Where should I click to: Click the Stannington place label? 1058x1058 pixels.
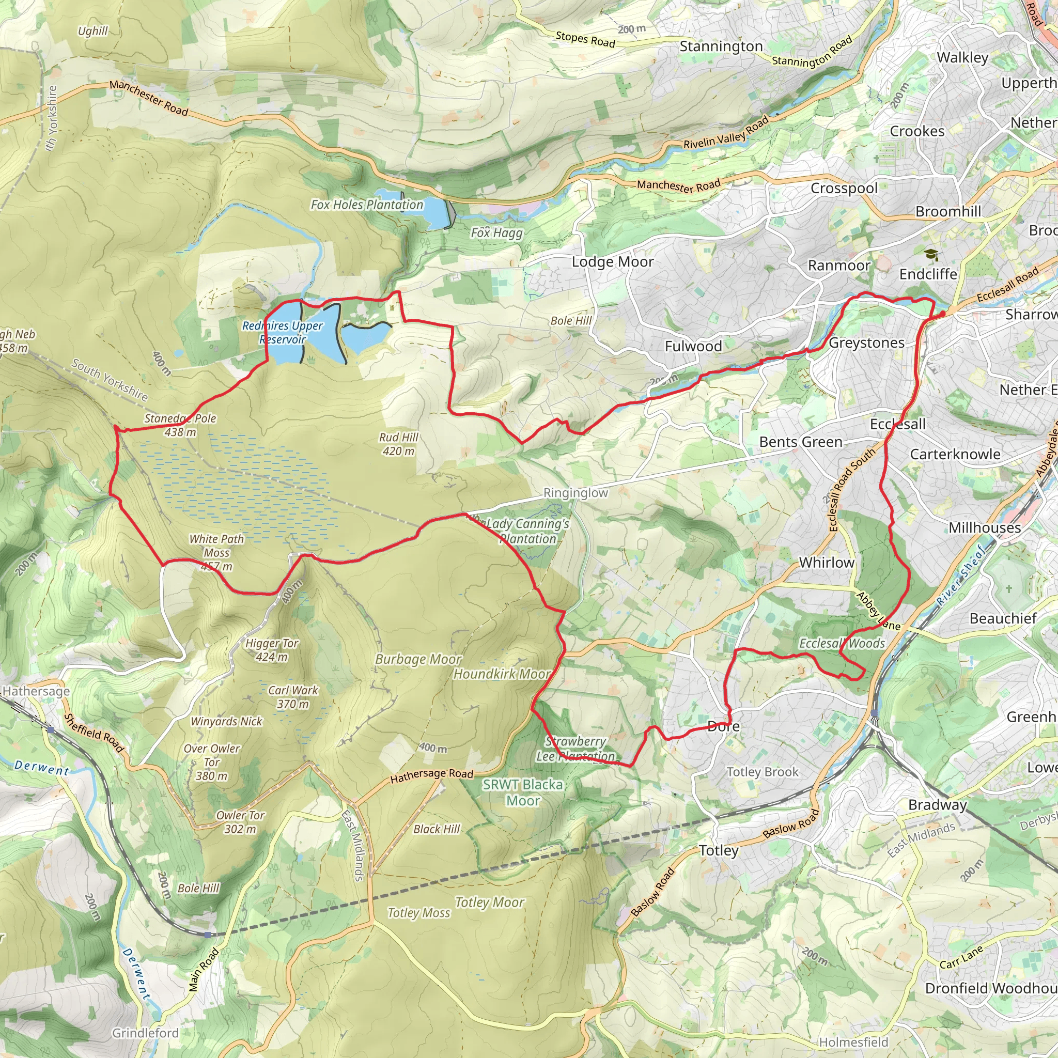[721, 47]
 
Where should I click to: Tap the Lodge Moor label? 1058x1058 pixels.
[612, 262]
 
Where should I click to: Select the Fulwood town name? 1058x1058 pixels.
[693, 346]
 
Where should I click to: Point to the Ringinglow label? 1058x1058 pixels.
[575, 493]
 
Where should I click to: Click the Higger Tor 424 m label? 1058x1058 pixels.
[272, 650]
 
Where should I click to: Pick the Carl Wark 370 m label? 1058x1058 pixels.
[293, 697]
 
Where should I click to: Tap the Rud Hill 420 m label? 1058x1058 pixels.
[399, 444]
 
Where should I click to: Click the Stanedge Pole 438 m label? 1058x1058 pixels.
[180, 425]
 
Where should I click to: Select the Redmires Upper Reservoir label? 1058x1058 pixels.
[283, 332]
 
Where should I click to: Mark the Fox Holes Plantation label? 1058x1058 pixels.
[367, 205]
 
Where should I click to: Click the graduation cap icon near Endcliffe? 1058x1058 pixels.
[931, 255]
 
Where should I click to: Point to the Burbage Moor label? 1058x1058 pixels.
[418, 660]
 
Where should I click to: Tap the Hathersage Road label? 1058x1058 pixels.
[431, 775]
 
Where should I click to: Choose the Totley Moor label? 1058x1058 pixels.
[490, 903]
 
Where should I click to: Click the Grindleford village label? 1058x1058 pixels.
[146, 1033]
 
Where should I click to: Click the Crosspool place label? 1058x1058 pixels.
[844, 189]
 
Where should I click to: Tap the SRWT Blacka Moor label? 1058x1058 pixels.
[523, 792]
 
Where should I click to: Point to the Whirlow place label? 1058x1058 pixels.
[827, 563]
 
